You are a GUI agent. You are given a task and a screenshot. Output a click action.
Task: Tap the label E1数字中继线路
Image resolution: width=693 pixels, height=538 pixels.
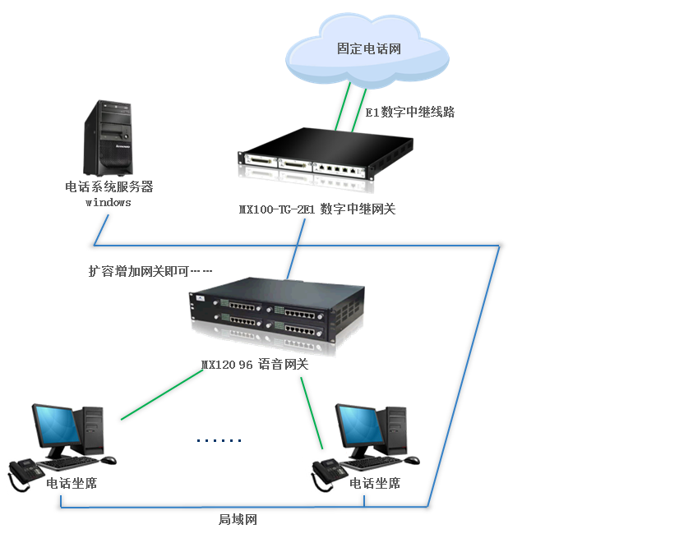click(410, 113)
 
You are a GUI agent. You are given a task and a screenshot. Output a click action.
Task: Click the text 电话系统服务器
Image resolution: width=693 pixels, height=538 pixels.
click(109, 187)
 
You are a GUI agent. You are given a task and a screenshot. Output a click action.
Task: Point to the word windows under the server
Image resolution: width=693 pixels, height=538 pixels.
click(109, 202)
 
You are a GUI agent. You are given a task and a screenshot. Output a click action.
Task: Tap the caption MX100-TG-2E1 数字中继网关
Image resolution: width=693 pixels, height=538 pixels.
click(317, 209)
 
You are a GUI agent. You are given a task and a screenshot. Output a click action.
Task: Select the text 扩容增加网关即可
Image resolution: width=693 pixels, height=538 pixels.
click(139, 270)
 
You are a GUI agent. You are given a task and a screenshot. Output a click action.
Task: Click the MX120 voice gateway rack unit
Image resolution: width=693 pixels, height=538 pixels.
click(278, 313)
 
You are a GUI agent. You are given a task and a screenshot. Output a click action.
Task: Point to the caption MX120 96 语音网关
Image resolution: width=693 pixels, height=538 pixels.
click(255, 365)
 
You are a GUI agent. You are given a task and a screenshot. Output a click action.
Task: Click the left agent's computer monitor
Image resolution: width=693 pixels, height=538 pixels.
click(56, 429)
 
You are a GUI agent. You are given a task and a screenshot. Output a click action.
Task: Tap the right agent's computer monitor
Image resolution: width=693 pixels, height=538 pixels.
click(360, 429)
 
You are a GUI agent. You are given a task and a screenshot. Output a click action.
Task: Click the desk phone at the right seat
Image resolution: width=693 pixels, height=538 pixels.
click(328, 473)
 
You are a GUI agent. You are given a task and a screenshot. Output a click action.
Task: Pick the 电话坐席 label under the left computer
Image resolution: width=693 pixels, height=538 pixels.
click(72, 484)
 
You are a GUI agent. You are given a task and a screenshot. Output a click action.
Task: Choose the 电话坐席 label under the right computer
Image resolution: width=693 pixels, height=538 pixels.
click(375, 484)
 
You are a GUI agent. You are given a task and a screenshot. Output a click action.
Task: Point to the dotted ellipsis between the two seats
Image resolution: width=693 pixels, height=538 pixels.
click(219, 441)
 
